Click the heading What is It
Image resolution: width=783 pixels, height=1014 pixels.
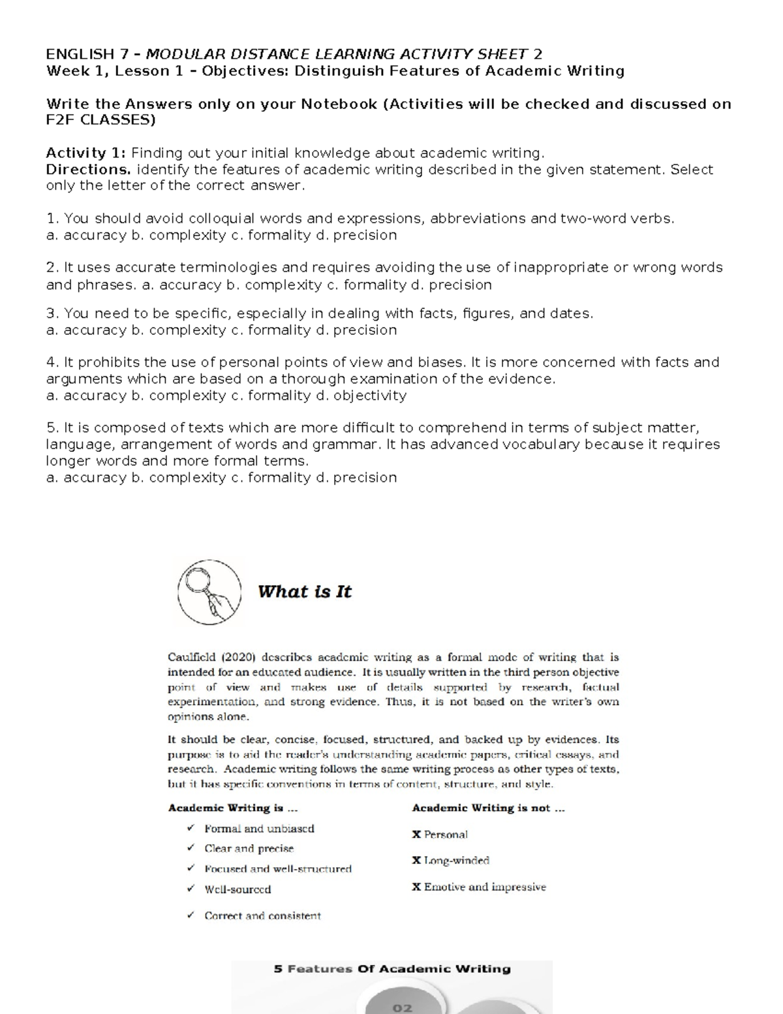304,592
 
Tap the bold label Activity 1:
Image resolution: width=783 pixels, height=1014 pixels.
85,153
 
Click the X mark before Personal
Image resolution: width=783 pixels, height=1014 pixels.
416,834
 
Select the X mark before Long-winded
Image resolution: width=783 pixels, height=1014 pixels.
416,861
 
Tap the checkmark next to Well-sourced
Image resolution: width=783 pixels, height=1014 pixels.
190,889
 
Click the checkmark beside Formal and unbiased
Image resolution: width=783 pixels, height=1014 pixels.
190,828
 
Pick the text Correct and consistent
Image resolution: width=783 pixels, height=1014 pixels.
262,916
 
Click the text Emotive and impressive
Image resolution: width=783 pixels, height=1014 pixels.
485,887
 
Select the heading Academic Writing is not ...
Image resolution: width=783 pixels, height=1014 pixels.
488,808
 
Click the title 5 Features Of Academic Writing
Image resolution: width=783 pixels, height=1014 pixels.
391,969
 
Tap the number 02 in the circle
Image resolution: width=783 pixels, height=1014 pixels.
402,1007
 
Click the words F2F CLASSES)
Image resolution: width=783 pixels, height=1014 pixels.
101,120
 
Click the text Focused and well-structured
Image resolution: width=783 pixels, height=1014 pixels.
278,869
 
